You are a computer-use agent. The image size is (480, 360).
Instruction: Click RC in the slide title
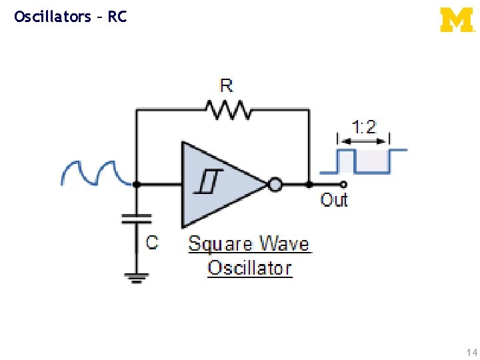coord(117,17)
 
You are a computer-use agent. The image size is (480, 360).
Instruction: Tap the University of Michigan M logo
coord(457,19)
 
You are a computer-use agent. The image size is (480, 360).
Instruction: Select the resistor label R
coord(227,86)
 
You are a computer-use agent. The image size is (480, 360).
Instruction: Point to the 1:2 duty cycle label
coord(364,126)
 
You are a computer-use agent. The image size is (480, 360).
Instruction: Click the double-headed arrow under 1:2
coord(364,140)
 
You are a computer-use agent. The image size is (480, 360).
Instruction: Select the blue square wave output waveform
coord(371,161)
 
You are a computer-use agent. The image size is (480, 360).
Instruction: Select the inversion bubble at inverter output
coord(274,184)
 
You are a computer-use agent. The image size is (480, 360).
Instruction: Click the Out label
coord(334,199)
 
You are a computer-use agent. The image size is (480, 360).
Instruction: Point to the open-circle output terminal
coord(343,184)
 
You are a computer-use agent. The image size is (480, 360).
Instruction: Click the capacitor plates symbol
coord(137,218)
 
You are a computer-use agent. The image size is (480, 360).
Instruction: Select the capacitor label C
coord(153,241)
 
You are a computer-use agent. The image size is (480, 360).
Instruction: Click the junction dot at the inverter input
coord(137,184)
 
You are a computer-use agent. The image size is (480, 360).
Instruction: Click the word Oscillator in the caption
coord(249,268)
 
